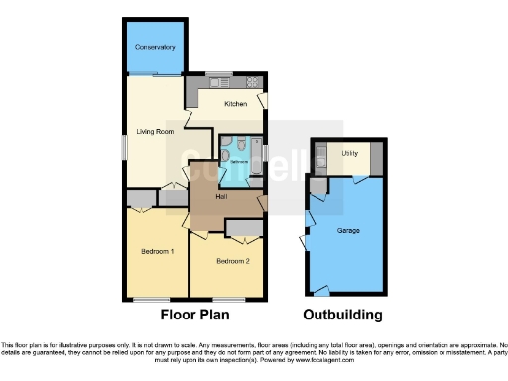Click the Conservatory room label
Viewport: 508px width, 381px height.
(156, 47)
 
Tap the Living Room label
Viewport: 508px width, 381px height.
(156, 131)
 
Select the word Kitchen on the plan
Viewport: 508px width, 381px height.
(235, 103)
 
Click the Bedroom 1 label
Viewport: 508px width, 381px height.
(157, 252)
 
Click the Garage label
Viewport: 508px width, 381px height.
(347, 231)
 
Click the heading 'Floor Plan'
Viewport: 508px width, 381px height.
(195, 316)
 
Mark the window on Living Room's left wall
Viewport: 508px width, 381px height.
(125, 145)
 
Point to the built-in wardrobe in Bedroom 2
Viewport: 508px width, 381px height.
(243, 229)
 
